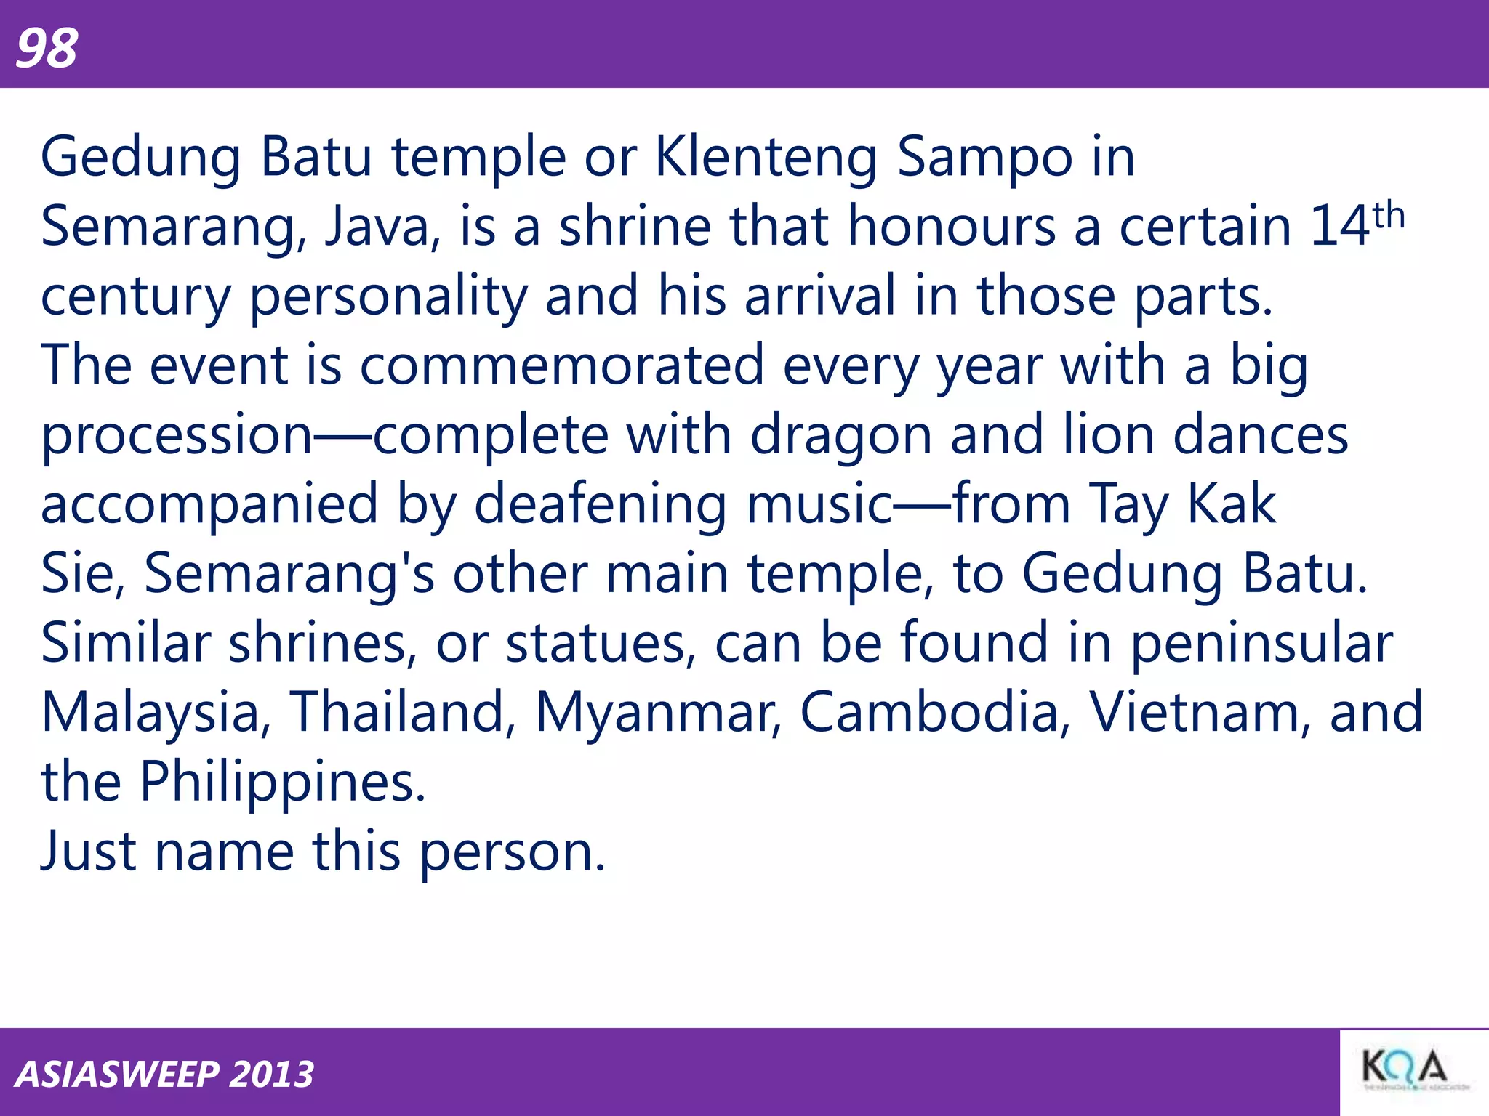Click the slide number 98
pyautogui.click(x=47, y=48)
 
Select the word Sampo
pyautogui.click(x=984, y=158)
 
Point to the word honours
pyautogui.click(x=952, y=227)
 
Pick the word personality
pyautogui.click(x=388, y=296)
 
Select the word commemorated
pyautogui.click(x=561, y=365)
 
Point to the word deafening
pyautogui.click(x=601, y=505)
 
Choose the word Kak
pyautogui.click(x=1231, y=504)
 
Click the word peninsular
pyautogui.click(x=1262, y=644)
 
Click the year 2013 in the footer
pyautogui.click(x=271, y=1075)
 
